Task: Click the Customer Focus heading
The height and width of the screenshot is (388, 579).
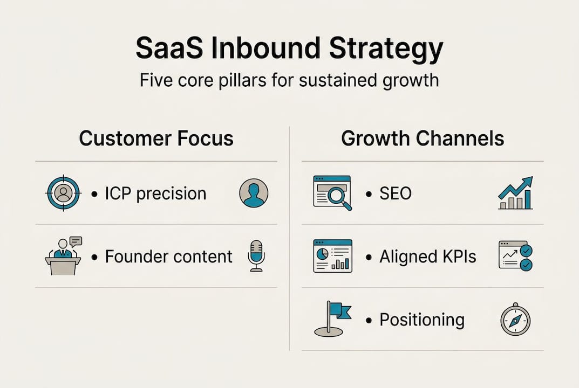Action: pos(156,138)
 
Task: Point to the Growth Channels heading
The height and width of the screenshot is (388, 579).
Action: pos(423,138)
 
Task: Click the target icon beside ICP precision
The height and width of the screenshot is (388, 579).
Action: pos(63,193)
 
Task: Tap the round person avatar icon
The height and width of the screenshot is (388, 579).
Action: pos(253,193)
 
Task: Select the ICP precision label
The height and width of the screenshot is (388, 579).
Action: pos(155,193)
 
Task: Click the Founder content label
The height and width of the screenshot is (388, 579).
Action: pos(168,257)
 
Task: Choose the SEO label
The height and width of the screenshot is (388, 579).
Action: pos(395,193)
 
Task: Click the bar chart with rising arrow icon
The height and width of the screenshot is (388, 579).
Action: pos(515,193)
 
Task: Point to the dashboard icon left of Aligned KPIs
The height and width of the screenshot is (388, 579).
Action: pos(332,256)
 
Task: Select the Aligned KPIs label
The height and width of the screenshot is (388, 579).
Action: pos(427,257)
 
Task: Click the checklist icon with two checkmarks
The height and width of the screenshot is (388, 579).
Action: pos(515,256)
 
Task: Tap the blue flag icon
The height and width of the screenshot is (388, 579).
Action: pos(332,320)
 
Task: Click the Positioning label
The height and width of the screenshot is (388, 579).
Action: pos(421,320)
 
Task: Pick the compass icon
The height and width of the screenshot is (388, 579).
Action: pos(515,320)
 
